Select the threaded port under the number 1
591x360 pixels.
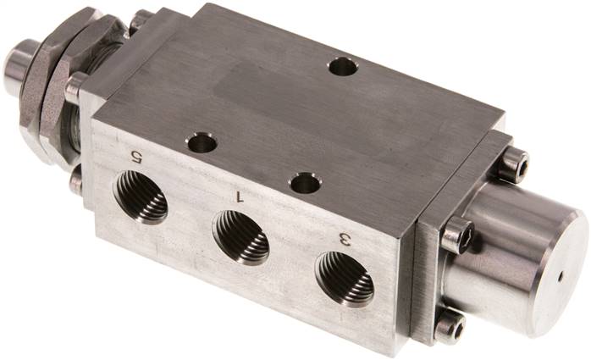(x=240, y=238)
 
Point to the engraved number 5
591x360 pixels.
(x=134, y=155)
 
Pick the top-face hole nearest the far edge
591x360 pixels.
(x=343, y=66)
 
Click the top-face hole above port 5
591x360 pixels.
(x=202, y=143)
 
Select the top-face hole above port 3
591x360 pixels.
(x=304, y=182)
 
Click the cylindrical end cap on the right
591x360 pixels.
(x=516, y=254)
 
